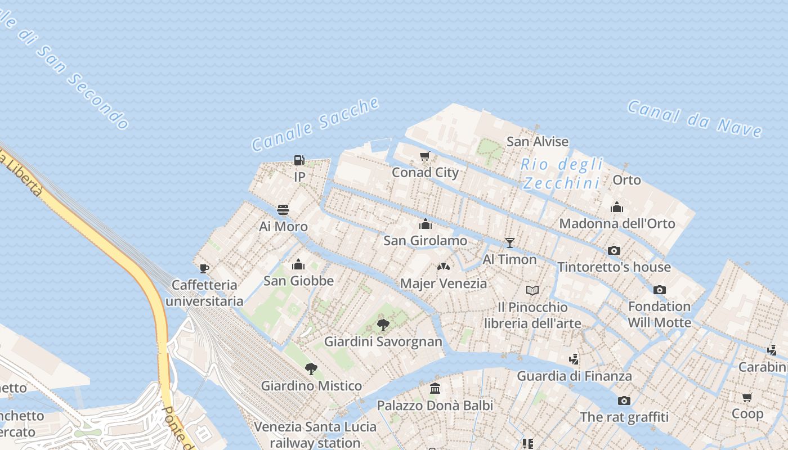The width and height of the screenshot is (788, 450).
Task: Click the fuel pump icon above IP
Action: [x=299, y=161]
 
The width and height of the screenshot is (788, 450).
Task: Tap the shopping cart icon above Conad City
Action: [x=425, y=156]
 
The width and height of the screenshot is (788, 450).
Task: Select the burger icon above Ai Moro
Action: [x=283, y=210]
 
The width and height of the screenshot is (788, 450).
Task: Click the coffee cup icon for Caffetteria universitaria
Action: [x=204, y=268]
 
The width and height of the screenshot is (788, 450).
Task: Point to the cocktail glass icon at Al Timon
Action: [x=510, y=243]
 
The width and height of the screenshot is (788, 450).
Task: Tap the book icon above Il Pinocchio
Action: [x=532, y=291]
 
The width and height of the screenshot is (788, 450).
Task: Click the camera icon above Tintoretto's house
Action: [x=614, y=251]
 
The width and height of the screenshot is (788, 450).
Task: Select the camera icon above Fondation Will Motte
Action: [x=660, y=290]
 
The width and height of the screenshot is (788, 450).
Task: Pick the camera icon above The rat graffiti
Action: [x=624, y=401]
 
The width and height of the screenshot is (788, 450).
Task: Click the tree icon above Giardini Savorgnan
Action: [x=383, y=325]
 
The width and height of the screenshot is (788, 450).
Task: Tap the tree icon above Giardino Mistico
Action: [x=311, y=370]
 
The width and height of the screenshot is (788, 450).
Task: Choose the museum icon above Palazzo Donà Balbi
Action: [x=435, y=389]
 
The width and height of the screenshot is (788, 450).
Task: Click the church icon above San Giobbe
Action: [x=298, y=264]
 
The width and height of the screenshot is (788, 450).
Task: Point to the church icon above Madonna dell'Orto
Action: [x=617, y=208]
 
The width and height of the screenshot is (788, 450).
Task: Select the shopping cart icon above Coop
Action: [x=747, y=398]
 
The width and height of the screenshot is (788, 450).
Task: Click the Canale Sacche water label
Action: [x=315, y=125]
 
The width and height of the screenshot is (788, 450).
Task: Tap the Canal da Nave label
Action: [x=695, y=119]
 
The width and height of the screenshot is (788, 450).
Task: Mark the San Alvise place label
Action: [x=538, y=142]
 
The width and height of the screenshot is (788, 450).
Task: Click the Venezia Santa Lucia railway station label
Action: [x=307, y=434]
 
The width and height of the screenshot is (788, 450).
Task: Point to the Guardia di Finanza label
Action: [x=574, y=376]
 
